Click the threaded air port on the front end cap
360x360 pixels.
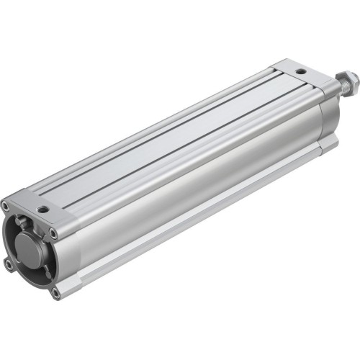coord(44,209)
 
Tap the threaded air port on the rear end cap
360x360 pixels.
coord(300,72)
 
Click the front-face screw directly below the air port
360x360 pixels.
coord(53,232)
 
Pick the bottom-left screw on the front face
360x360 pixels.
coord(9,264)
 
